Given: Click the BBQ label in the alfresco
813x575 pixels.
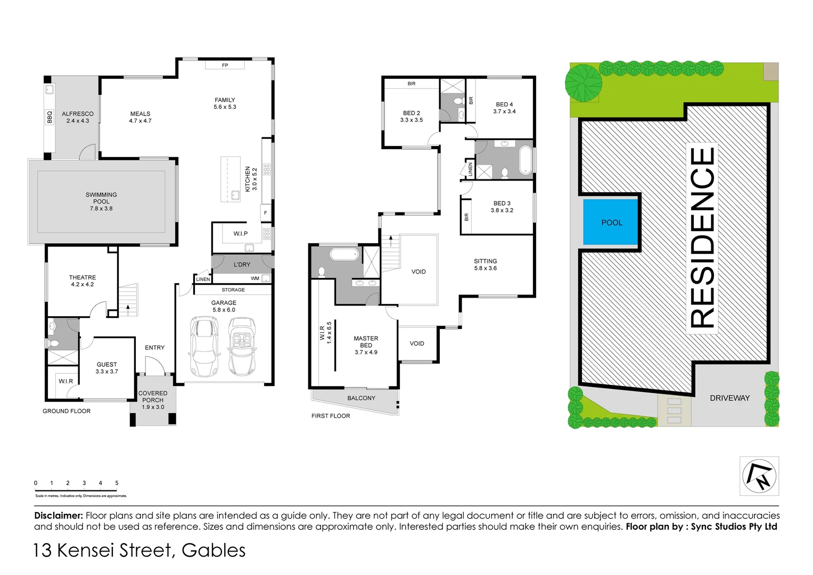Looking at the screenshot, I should point(50,117).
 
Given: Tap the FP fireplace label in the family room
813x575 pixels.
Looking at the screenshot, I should point(225,65).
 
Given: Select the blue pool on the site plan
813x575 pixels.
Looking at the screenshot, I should point(611,223).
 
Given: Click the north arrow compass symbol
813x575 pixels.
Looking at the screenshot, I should point(759,476).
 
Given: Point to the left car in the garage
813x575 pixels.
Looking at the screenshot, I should point(204,346).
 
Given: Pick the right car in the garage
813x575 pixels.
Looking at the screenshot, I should point(241,346).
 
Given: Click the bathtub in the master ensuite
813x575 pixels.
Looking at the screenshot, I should point(345,254).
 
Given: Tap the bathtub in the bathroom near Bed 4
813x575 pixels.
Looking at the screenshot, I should point(526,160).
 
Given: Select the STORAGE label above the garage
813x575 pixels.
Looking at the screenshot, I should point(233,290).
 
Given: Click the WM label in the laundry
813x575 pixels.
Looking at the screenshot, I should point(255,278).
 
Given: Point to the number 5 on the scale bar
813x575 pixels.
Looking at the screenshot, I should point(117,483).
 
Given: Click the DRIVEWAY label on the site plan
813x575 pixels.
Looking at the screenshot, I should point(729,398).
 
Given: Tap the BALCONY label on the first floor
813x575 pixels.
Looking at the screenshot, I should point(361,398).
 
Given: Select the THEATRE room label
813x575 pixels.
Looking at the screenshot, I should point(83,277).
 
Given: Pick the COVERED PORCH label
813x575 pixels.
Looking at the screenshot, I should point(153,397).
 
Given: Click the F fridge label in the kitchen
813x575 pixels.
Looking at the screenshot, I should point(265,213).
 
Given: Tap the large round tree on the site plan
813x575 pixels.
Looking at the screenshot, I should point(584,83).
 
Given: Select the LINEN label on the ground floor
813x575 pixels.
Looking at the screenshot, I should point(203,279).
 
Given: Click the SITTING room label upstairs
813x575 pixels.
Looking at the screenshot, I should point(485,261).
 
